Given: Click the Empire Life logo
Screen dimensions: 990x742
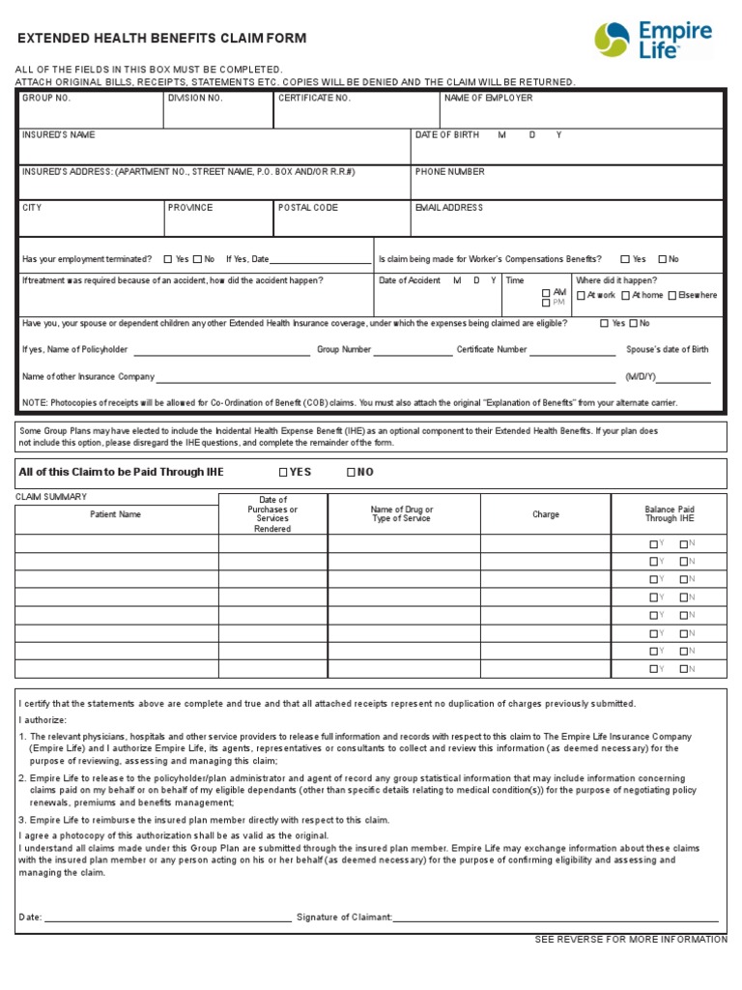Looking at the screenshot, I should (x=653, y=40).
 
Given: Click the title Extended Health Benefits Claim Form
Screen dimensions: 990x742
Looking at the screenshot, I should (x=162, y=39).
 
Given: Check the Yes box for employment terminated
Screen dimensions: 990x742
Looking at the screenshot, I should (x=168, y=259).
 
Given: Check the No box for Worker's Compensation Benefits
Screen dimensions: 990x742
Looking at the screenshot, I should (x=662, y=259).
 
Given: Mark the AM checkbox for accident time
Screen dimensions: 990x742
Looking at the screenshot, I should (x=546, y=292).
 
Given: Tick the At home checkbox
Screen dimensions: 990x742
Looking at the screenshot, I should (x=626, y=296).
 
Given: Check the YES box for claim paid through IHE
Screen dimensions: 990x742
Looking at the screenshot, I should (x=283, y=473).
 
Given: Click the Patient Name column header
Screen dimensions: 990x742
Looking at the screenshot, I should (x=116, y=514).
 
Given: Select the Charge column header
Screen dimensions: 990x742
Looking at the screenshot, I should (x=546, y=514).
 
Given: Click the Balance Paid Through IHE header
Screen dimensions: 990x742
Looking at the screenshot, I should (x=670, y=514).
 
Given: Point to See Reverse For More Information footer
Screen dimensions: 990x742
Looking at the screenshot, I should (x=631, y=940).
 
